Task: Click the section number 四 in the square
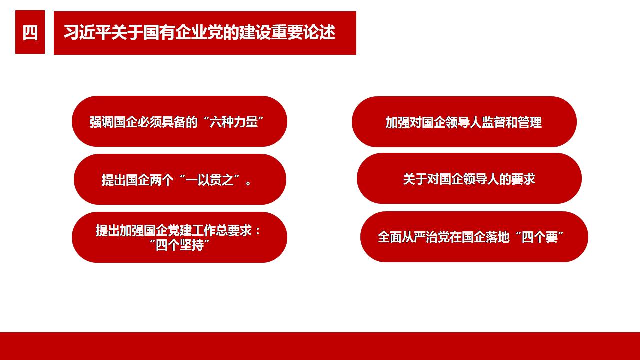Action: click(30, 32)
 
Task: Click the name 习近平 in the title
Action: click(87, 32)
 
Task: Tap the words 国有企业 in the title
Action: click(174, 32)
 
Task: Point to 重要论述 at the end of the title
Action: click(303, 32)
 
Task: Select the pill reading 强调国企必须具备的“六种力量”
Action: click(179, 121)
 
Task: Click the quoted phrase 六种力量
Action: click(234, 122)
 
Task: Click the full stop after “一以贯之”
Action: click(248, 183)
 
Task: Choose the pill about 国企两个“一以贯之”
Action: click(180, 179)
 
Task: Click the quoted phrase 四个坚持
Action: click(180, 245)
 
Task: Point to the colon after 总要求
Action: click(258, 231)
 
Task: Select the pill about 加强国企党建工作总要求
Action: click(179, 237)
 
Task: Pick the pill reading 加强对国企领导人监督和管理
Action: click(464, 122)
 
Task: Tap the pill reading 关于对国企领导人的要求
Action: click(469, 178)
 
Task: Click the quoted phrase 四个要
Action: click(540, 237)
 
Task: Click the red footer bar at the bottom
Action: click(320, 346)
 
